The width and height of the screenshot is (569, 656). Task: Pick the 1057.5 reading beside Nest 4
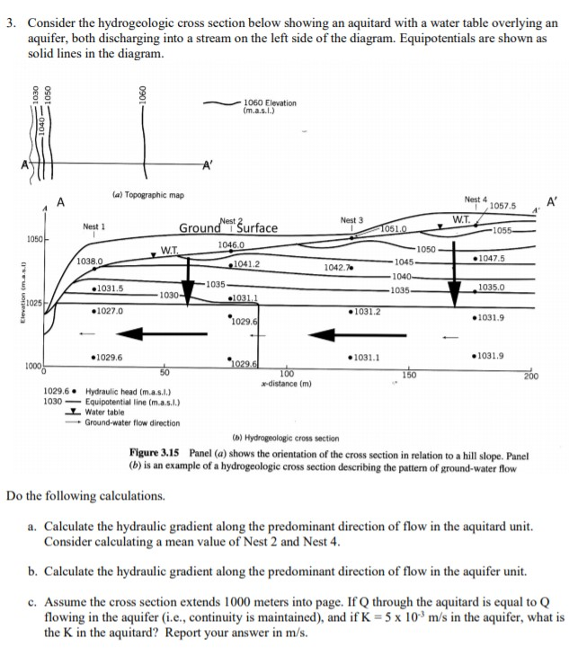tap(504, 206)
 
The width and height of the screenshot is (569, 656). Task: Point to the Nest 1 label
tap(95, 227)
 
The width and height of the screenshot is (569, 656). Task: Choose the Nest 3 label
tap(352, 219)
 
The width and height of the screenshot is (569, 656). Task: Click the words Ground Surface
tap(228, 227)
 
